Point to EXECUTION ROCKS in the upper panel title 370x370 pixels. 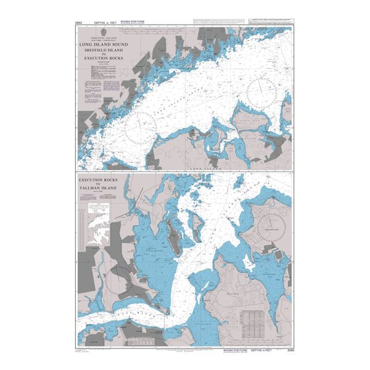pyautogui.click(x=103, y=57)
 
